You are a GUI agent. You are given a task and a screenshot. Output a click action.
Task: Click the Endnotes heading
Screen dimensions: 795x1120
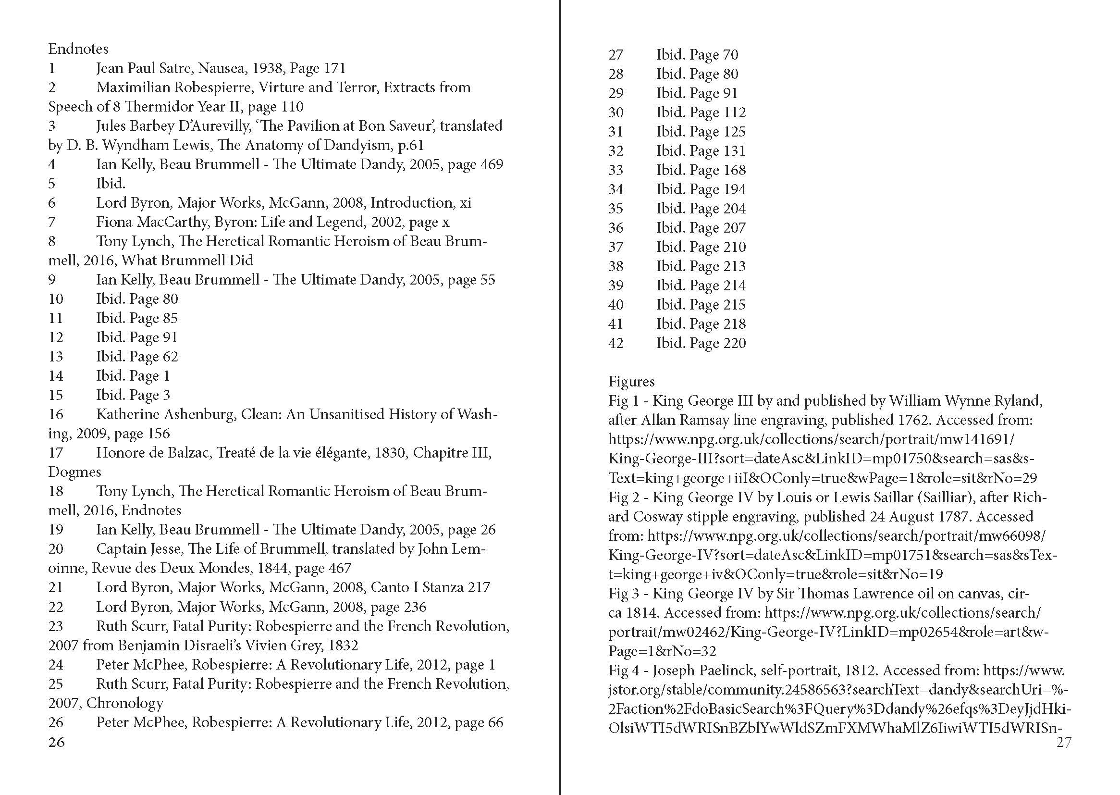point(78,49)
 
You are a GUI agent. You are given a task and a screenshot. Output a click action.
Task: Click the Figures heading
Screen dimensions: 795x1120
point(631,381)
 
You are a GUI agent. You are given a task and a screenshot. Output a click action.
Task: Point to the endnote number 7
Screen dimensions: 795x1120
point(52,222)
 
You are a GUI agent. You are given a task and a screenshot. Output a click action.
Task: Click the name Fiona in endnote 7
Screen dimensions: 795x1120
point(114,222)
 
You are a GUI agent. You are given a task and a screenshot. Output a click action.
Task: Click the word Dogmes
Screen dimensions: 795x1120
point(74,472)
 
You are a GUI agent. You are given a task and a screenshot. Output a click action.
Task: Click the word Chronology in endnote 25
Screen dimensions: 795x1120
point(125,704)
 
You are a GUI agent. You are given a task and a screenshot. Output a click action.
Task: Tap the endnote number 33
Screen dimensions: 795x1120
point(615,170)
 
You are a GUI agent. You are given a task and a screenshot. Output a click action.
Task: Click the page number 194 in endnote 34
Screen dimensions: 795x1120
point(734,189)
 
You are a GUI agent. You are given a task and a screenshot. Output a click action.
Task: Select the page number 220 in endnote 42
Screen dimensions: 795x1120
point(734,343)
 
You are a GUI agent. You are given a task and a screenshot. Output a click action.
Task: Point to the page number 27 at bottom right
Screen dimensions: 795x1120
point(1064,743)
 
